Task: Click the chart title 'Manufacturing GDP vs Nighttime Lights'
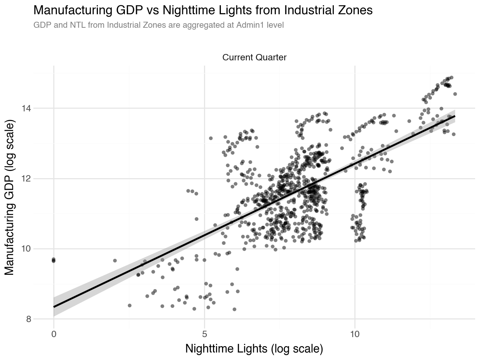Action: (203, 10)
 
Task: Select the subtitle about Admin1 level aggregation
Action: (158, 25)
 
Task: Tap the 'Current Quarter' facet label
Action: (254, 57)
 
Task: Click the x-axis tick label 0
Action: (54, 333)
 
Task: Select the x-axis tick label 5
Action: (204, 333)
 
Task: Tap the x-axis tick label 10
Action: (355, 333)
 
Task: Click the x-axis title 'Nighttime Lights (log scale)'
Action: (254, 349)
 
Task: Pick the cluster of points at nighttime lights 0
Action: (54, 260)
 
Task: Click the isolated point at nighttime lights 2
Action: (115, 261)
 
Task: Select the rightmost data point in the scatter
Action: (455, 94)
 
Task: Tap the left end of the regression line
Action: (54, 307)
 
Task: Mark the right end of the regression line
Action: (454, 116)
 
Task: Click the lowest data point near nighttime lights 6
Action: (234, 309)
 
